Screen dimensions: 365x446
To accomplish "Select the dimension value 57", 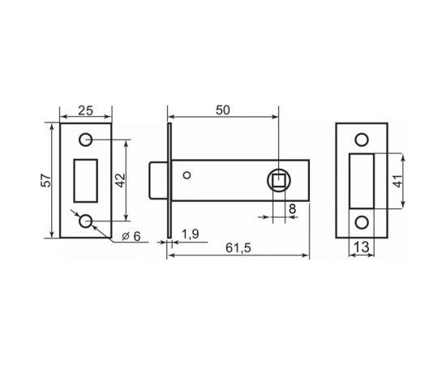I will (x=48, y=181).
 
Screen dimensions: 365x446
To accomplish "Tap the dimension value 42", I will (x=119, y=180).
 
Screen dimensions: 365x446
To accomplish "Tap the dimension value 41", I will (x=397, y=181).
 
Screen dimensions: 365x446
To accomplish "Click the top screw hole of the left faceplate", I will (x=85, y=140).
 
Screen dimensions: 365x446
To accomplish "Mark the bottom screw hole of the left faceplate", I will (x=85, y=221).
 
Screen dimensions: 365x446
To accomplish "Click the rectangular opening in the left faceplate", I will (x=85, y=180).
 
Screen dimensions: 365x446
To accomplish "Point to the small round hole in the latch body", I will (x=188, y=175).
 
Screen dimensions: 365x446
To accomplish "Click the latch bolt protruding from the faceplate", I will (x=159, y=180).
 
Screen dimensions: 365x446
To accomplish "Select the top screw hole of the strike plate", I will (x=362, y=140).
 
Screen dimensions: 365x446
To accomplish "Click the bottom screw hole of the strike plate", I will (x=362, y=221).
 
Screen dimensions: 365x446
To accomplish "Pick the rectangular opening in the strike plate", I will (x=362, y=180).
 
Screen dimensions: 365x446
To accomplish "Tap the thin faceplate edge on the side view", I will (x=169, y=180).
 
